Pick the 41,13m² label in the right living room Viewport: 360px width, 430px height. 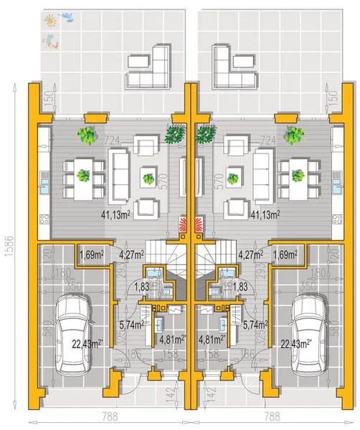coord(264,213)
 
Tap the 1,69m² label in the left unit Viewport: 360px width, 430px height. coord(92,254)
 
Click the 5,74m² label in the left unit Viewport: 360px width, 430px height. coord(129,323)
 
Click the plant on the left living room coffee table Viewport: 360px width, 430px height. coord(148,178)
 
